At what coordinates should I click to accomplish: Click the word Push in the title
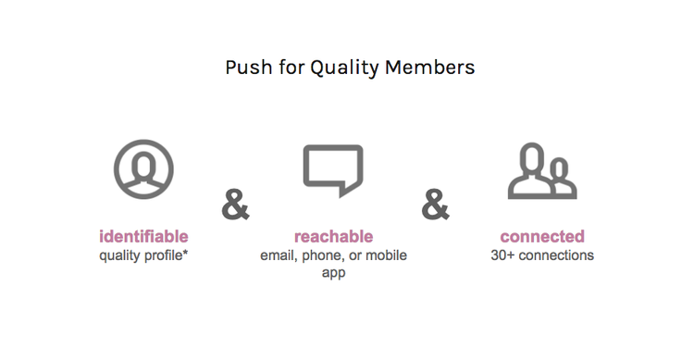[244, 68]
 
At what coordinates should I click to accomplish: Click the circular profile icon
[143, 170]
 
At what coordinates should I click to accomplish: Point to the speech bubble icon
[333, 169]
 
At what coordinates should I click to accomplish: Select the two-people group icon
[541, 170]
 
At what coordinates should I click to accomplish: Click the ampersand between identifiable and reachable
[236, 205]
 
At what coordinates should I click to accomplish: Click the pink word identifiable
[143, 237]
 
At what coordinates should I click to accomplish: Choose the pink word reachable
[333, 237]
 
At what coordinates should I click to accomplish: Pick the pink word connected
[542, 237]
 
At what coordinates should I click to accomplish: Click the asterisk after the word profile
[185, 253]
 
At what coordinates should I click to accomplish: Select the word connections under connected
[557, 255]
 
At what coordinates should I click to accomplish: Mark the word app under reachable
[333, 273]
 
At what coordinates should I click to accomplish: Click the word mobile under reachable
[386, 255]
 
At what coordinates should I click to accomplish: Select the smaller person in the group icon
[559, 177]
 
